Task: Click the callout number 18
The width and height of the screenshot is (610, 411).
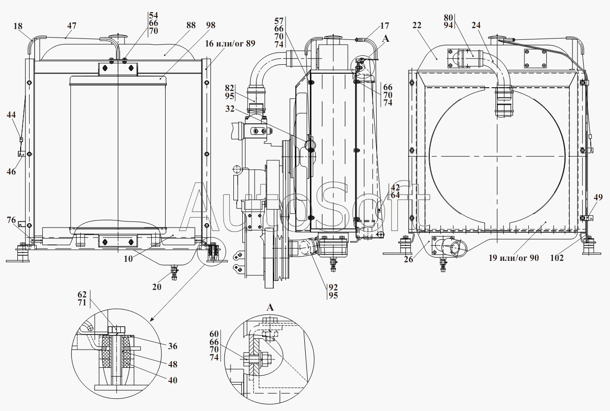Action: click(x=18, y=26)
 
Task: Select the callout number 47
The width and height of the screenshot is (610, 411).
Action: click(x=72, y=25)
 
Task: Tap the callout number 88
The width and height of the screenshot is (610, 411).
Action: click(x=191, y=25)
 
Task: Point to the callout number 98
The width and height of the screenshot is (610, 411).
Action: click(x=210, y=25)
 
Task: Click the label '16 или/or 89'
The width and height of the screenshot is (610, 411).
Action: click(x=230, y=44)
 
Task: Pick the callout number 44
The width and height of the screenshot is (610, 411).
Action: click(x=11, y=115)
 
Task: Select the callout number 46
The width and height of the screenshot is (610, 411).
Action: click(x=11, y=172)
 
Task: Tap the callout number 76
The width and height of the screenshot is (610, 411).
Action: click(x=11, y=220)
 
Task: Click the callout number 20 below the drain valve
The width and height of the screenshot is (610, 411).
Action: click(x=156, y=287)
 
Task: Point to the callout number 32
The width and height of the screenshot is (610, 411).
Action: click(x=230, y=109)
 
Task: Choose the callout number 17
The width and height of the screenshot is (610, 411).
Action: click(x=384, y=25)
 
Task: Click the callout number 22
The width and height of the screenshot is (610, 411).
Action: click(x=417, y=25)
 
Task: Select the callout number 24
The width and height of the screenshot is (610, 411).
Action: click(x=476, y=25)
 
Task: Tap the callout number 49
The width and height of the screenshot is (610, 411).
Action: click(x=598, y=197)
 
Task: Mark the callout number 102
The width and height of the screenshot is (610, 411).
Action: click(x=557, y=258)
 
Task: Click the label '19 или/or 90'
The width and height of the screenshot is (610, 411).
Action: click(x=514, y=258)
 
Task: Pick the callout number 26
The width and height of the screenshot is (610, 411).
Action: click(x=409, y=259)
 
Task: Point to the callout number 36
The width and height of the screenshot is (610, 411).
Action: click(x=173, y=346)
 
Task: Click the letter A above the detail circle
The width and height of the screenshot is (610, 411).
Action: click(x=270, y=307)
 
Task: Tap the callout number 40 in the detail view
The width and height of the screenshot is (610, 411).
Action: click(x=173, y=380)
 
